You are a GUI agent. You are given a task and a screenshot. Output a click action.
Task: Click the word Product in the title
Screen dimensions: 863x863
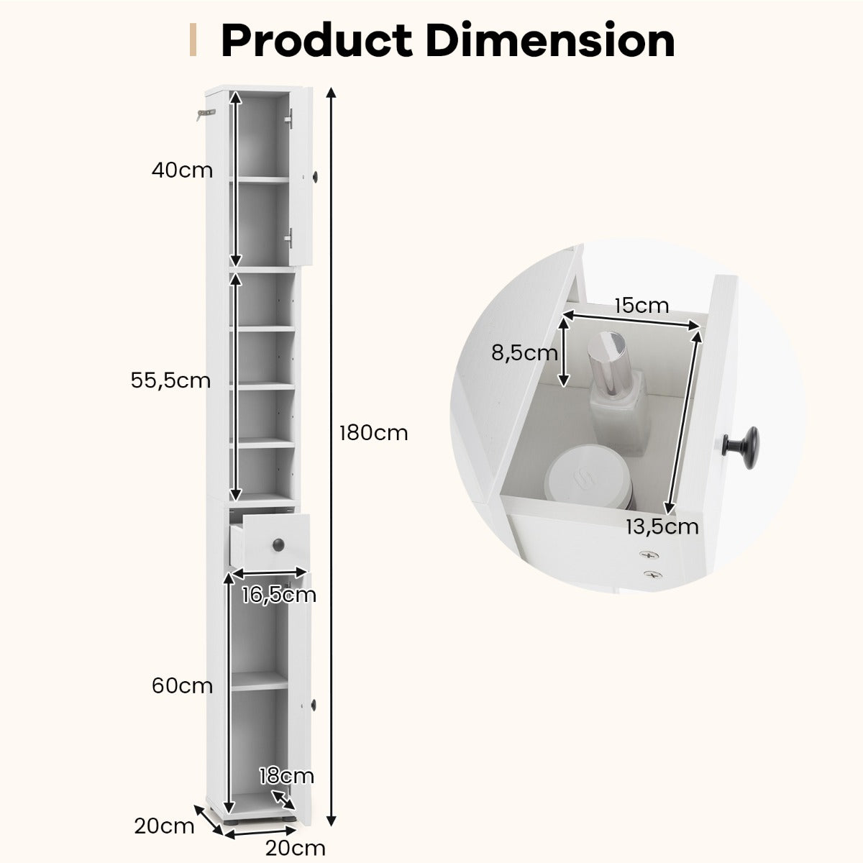pyautogui.click(x=316, y=40)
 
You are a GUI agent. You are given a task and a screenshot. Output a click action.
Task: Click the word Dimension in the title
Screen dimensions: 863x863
pyautogui.click(x=550, y=40)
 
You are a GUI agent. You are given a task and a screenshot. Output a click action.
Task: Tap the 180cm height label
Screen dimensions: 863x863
pyautogui.click(x=373, y=434)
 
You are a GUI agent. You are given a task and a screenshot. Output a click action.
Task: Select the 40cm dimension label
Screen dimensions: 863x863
pyautogui.click(x=182, y=170)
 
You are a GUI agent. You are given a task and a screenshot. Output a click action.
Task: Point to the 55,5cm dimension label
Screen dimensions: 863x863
pyautogui.click(x=170, y=380)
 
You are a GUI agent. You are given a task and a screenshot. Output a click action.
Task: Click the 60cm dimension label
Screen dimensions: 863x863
pyautogui.click(x=182, y=685)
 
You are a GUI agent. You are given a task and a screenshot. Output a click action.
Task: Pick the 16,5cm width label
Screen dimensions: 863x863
pyautogui.click(x=279, y=595)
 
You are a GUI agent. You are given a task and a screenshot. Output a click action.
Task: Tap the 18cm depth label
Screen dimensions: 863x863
pyautogui.click(x=287, y=776)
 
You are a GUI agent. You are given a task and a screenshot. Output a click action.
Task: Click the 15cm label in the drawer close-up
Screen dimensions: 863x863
pyautogui.click(x=641, y=306)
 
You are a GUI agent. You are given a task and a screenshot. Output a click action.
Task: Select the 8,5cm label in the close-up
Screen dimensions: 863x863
pyautogui.click(x=524, y=353)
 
